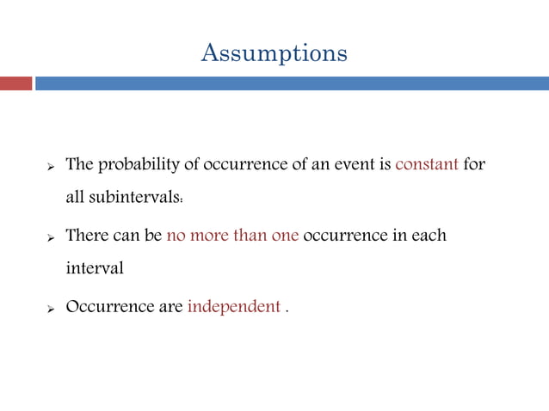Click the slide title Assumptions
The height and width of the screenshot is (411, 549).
[x=274, y=53]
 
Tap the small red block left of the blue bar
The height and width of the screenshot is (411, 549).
[x=15, y=83]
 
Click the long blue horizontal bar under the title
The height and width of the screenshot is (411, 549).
[x=292, y=83]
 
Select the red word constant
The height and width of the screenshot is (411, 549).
[x=426, y=164]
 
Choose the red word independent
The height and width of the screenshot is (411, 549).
[x=233, y=306]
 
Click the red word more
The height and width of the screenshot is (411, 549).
[x=209, y=235]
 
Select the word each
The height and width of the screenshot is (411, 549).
[x=428, y=235]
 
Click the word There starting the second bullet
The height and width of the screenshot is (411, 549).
[x=86, y=235]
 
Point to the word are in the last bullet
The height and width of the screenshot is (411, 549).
[x=170, y=306]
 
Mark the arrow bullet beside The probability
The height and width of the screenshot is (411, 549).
[x=50, y=165]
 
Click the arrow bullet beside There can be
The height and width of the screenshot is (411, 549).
[x=50, y=236]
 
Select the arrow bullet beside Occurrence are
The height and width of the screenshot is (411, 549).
[x=50, y=307]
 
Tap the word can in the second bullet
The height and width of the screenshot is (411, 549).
[x=126, y=235]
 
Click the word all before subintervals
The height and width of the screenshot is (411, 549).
[x=76, y=199]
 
